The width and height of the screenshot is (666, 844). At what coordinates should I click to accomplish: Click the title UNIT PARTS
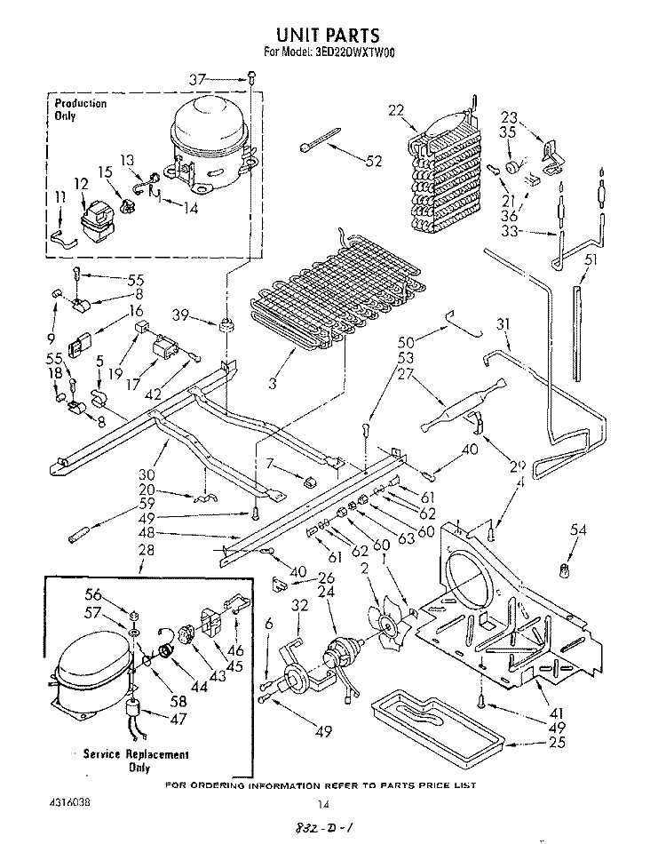(328, 36)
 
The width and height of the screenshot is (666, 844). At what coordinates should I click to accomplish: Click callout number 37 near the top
(196, 80)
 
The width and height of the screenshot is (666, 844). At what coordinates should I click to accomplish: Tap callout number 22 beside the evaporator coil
(396, 110)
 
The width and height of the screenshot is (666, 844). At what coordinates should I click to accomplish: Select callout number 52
(373, 161)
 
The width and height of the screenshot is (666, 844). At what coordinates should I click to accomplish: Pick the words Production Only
(80, 109)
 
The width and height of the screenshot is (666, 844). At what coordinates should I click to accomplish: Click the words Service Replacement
(136, 754)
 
